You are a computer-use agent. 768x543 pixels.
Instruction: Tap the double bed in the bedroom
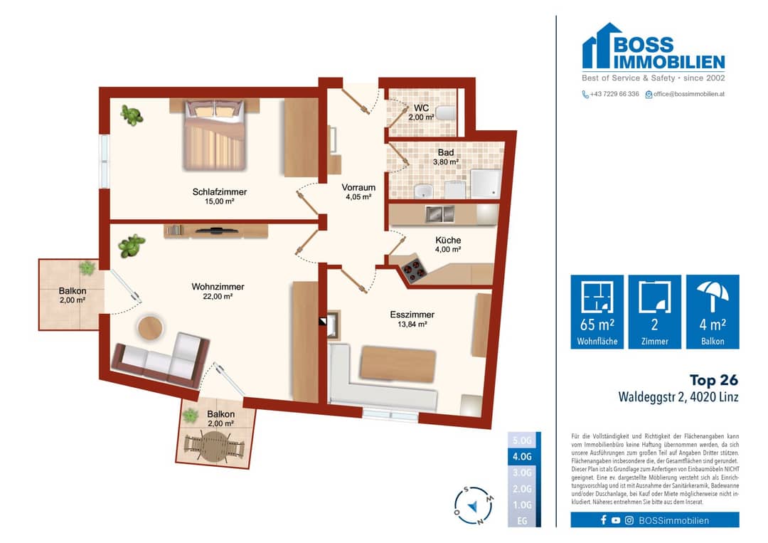coord(214,135)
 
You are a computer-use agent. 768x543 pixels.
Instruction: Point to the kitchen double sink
coord(439,213)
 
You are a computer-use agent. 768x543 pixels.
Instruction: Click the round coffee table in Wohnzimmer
coord(150,328)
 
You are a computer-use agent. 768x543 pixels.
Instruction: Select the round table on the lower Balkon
coord(213,447)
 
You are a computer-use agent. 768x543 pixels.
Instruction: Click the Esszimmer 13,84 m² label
coord(412,319)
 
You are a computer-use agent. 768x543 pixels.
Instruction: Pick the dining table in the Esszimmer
coord(398,365)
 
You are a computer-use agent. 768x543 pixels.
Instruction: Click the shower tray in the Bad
coord(485,184)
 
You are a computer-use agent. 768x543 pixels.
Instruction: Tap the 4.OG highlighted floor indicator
coord(522,456)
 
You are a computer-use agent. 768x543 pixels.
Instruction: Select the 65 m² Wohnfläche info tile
coord(597,312)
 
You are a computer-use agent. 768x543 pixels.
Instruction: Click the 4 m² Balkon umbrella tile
coord(713,312)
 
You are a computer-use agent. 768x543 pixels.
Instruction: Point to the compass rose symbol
coord(474,506)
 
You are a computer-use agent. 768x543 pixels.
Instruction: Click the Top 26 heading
coord(714,380)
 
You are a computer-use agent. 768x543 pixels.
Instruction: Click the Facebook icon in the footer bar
coord(604,520)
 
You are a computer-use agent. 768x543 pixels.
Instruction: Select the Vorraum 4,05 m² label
coord(358,191)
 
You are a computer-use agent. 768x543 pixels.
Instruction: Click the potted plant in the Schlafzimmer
coord(132,115)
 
